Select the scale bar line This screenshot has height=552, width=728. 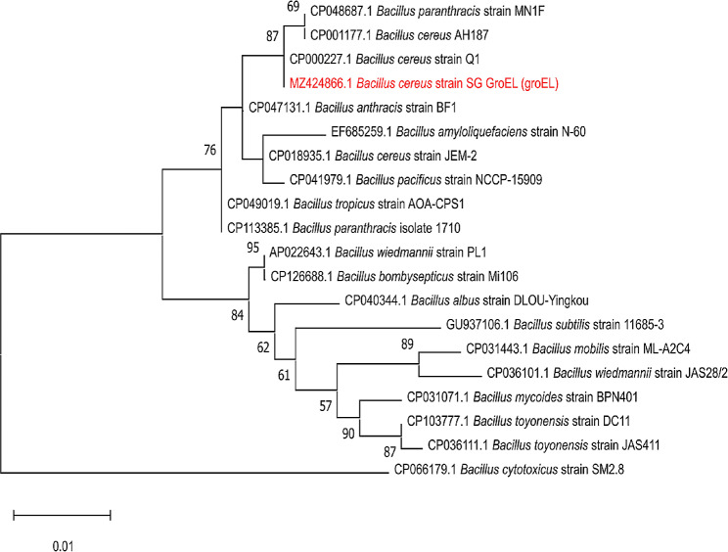63,515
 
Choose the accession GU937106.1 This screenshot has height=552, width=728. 478,325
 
